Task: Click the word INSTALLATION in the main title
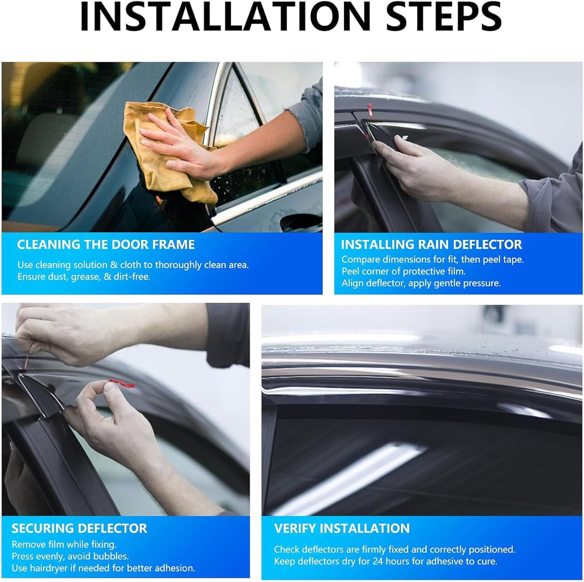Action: [225, 18]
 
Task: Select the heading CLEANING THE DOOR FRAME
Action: [106, 245]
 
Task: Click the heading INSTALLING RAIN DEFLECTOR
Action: [431, 245]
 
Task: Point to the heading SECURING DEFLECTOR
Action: [79, 528]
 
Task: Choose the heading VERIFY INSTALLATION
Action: [341, 528]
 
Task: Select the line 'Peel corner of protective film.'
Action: [403, 271]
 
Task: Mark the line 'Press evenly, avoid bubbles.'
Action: [70, 556]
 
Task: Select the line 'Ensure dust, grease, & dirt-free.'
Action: [84, 277]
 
